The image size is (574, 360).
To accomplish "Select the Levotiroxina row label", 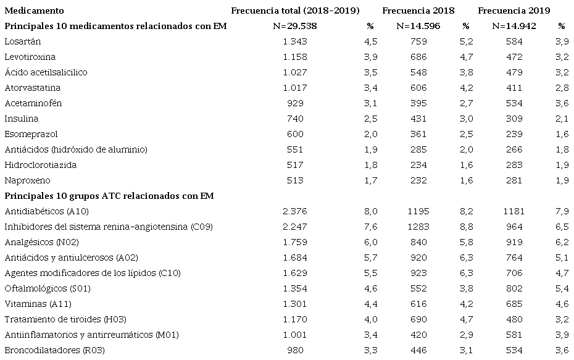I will (x=30, y=57).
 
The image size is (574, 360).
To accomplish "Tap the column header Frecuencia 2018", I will (x=418, y=10).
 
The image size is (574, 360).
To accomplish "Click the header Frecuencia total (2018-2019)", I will (x=295, y=10).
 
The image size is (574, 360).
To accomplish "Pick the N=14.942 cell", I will (x=514, y=26).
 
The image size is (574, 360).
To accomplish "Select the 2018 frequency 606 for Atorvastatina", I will (x=418, y=88).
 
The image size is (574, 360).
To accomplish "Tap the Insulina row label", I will (x=21, y=119).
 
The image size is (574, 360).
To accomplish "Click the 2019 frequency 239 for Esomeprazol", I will (x=514, y=134).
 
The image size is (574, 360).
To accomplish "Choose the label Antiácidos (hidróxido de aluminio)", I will (x=76, y=149).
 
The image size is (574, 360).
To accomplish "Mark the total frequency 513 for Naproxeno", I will (x=294, y=180).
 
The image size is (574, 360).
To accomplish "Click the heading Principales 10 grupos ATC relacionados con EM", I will (x=109, y=196).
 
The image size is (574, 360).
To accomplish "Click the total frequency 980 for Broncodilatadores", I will (x=294, y=350).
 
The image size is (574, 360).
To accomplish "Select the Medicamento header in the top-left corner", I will (x=34, y=10).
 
